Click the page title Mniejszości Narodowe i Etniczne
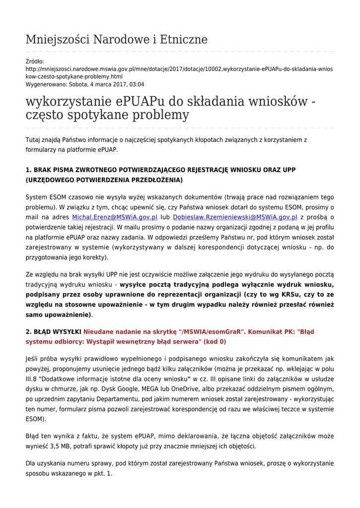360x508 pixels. click(x=116, y=40)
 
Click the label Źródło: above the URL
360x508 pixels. click(x=35, y=62)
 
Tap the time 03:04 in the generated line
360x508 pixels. click(x=137, y=84)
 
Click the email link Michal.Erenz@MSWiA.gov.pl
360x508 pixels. click(x=115, y=217)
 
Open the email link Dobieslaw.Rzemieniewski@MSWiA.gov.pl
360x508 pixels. click(x=235, y=217)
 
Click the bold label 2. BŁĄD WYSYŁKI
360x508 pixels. click(x=53, y=331)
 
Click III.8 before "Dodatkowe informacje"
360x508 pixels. click(x=34, y=379)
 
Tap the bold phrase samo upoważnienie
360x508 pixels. click(x=58, y=315)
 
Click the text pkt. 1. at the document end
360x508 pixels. click(x=102, y=473)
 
